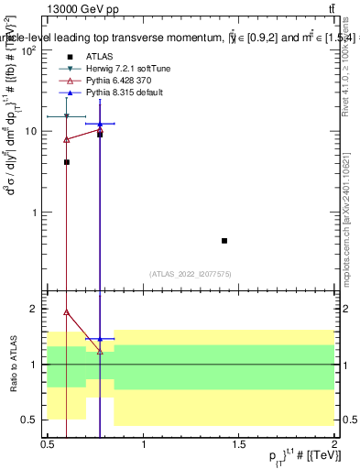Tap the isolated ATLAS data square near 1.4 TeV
pyautogui.click(x=224, y=241)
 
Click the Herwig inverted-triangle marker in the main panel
pyautogui.click(x=66, y=116)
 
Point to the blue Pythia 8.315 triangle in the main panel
pyautogui.click(x=100, y=124)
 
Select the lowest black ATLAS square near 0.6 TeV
pyautogui.click(x=66, y=162)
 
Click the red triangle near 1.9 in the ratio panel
pyautogui.click(x=66, y=311)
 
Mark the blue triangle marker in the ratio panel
pyautogui.click(x=100, y=339)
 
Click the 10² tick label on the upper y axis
pyautogui.click(x=29, y=50)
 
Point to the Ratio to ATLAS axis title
pyautogui.click(x=11, y=365)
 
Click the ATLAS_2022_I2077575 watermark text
pyautogui.click(x=191, y=273)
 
